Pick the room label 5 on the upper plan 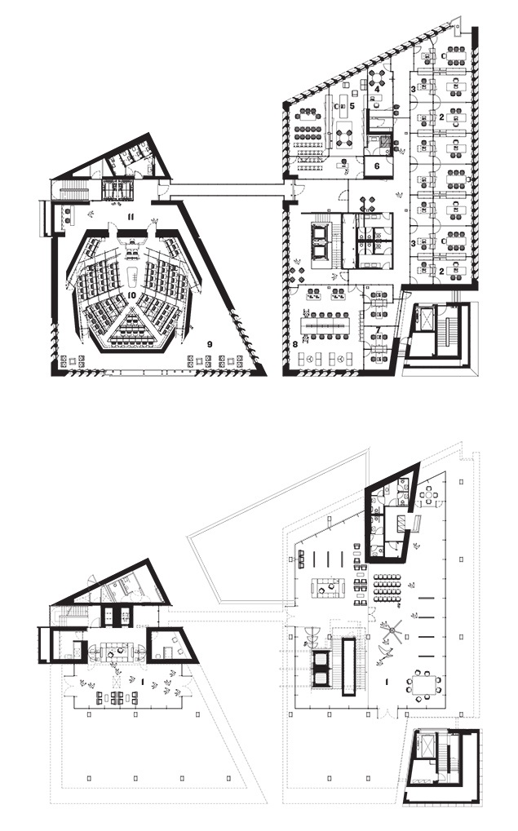pos(352,106)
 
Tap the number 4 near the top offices pos(377,90)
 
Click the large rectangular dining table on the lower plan pos(425,683)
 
